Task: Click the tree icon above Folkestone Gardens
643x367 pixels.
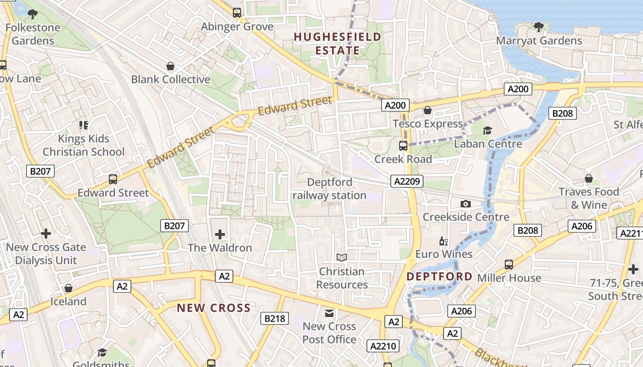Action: coord(33,14)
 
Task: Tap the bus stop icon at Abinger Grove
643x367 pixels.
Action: coord(237,13)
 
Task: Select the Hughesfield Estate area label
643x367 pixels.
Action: coord(338,44)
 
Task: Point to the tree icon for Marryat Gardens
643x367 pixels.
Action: coord(539,27)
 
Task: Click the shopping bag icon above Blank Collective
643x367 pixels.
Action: coord(170,66)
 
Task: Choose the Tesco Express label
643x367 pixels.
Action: coord(428,124)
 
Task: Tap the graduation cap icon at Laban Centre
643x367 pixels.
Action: coord(487,131)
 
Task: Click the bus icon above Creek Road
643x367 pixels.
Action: coord(403,146)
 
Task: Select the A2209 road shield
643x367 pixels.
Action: coord(407,181)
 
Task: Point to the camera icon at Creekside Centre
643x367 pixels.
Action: coord(466,204)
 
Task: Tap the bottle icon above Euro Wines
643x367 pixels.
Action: coord(443,241)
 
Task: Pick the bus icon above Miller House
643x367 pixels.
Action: coord(509,265)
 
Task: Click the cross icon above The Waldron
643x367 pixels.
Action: coord(220,234)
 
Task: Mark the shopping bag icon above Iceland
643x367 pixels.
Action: coord(68,288)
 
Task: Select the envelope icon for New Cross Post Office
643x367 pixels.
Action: coord(329,313)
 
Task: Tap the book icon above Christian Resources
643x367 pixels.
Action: coord(341,258)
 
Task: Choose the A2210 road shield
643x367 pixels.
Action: coord(383,346)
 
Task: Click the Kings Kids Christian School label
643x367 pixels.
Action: coord(83,145)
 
